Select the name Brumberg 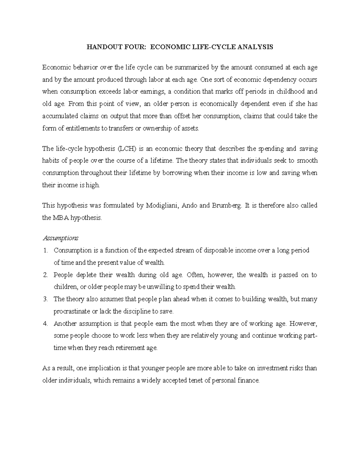click(226, 206)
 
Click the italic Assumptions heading click(60, 238)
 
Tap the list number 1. click(45, 250)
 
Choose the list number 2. click(45, 275)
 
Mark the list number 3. click(45, 299)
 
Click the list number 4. click(45, 324)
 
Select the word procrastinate click(71, 311)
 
